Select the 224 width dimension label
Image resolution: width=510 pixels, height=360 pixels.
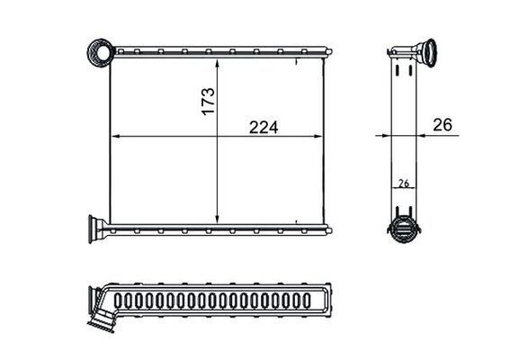pyautogui.click(x=264, y=127)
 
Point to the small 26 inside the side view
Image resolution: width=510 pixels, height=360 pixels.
pyautogui.click(x=404, y=184)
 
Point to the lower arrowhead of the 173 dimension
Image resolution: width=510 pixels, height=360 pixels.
pyautogui.click(x=218, y=219)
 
